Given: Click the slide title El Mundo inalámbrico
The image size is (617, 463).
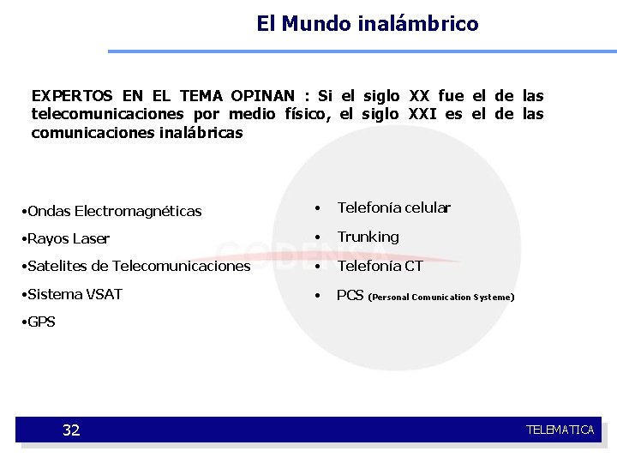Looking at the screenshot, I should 367,23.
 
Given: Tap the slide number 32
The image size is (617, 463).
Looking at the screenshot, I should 71,430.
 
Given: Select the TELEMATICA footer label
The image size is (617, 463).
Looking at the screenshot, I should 560,430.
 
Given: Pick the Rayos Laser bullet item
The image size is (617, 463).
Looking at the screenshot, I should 69,238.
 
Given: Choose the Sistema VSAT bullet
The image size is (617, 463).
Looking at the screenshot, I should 75,294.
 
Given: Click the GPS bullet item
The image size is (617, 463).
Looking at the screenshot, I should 41,322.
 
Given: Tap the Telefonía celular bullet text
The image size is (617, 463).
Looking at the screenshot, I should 393,207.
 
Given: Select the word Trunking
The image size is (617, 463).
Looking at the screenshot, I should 368,237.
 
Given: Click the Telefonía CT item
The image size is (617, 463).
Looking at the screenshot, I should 380,266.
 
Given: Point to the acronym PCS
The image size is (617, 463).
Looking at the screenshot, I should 350,295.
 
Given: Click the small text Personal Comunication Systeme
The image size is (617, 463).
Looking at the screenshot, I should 441,297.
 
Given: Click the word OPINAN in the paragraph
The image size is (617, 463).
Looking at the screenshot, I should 261,96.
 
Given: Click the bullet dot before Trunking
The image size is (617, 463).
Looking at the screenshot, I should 318,238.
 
